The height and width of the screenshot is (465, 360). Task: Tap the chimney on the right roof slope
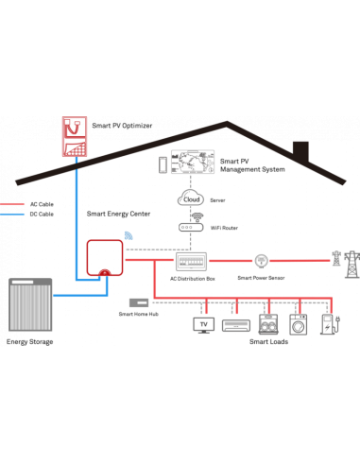(x=300, y=151)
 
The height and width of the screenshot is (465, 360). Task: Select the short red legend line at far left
(x=12, y=203)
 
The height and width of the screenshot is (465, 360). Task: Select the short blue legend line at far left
(x=12, y=214)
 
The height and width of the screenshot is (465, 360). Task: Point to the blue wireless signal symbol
(x=129, y=235)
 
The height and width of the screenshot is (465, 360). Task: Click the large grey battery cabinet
(x=30, y=304)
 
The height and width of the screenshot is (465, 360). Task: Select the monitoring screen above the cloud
(x=193, y=163)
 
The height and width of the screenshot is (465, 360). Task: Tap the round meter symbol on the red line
(x=261, y=260)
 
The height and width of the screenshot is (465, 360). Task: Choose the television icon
(x=204, y=324)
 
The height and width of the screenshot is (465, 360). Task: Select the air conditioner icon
(x=235, y=324)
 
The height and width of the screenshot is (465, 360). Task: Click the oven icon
(x=268, y=324)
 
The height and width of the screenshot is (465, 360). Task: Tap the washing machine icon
(x=299, y=324)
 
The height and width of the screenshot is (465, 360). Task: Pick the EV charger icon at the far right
(x=328, y=324)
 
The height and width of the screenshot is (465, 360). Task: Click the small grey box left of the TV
(x=139, y=302)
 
